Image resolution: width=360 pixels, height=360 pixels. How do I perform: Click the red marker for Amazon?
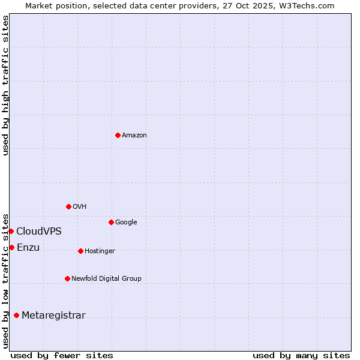pos(118,135)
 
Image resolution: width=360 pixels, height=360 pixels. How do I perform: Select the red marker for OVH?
pos(68,206)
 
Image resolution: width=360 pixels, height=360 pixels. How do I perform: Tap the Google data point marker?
pos(111,222)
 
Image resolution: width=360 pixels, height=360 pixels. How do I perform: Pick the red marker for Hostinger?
pos(80,251)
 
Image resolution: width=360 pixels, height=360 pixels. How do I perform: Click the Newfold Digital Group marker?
pos(67,278)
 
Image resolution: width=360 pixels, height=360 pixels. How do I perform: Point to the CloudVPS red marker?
pos(11,231)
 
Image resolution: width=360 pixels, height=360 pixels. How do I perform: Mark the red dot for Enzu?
pos(11,247)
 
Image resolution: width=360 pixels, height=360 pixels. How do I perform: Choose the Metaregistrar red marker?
pos(16,315)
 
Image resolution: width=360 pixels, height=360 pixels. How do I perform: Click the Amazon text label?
pos(134,136)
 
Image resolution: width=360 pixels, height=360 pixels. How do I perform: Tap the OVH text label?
pos(80,207)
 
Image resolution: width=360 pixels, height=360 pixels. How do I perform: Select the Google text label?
pos(126,223)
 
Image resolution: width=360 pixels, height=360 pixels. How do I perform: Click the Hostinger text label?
pos(100,251)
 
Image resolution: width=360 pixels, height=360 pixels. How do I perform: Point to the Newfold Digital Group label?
pos(106,279)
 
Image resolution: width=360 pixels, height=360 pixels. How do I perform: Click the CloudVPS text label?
pos(39,232)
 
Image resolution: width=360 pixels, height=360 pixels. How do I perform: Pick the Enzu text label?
pos(28,248)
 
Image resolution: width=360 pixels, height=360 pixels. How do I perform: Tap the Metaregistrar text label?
pos(53,316)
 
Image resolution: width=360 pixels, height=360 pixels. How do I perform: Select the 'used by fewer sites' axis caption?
pos(62,355)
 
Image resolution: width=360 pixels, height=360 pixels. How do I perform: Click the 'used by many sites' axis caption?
pos(301,355)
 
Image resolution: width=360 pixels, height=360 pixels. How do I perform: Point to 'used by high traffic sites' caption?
pos(6,85)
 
